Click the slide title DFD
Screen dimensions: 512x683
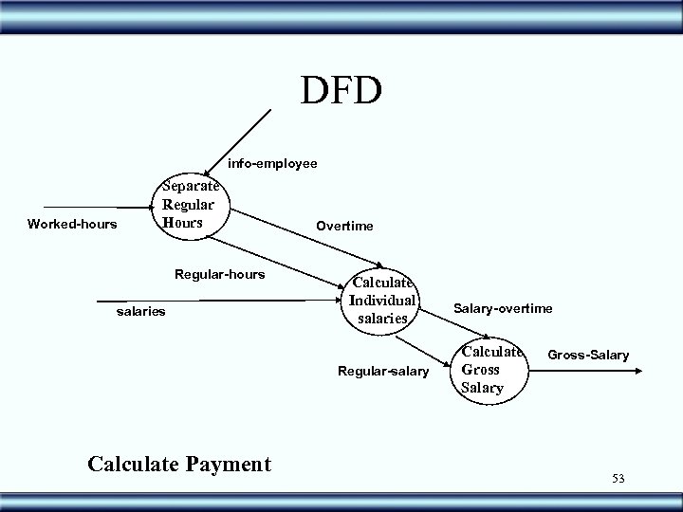341,91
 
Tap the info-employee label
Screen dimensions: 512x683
272,164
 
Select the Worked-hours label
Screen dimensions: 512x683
72,225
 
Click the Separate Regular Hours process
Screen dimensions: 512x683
190,205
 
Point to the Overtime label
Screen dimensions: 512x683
344,226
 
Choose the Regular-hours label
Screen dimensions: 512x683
219,274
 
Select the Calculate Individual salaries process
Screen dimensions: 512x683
383,300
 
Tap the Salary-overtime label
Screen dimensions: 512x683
503,308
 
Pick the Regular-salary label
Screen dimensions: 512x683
383,370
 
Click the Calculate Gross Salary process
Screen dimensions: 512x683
491,369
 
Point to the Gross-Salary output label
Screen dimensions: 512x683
587,355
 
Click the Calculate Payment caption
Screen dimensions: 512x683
178,464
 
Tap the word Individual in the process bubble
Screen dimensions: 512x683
383,300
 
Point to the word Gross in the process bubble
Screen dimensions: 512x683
480,370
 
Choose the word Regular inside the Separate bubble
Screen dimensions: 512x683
189,205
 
